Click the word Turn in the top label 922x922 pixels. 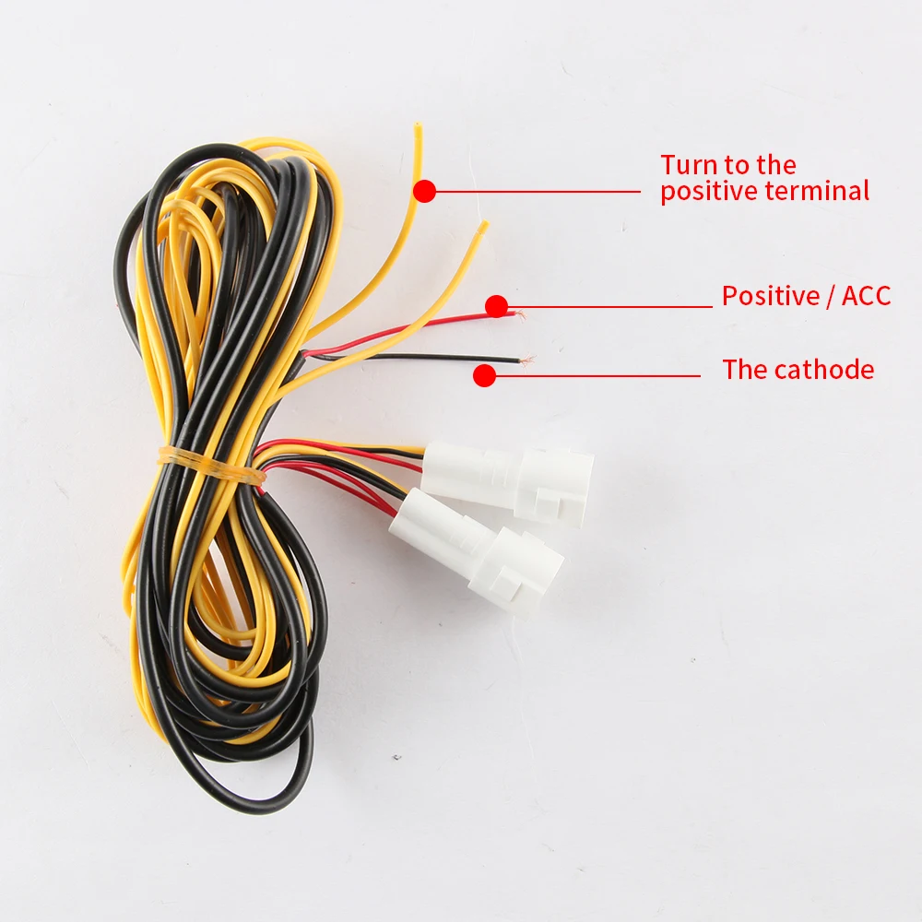[690, 165]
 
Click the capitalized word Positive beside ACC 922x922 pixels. [771, 296]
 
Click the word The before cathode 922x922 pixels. [745, 370]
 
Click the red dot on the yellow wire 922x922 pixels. [424, 191]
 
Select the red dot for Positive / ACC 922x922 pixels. [497, 306]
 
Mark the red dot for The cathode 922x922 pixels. [485, 375]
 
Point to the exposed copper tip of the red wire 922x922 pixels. [519, 314]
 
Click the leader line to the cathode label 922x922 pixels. [599, 375]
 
